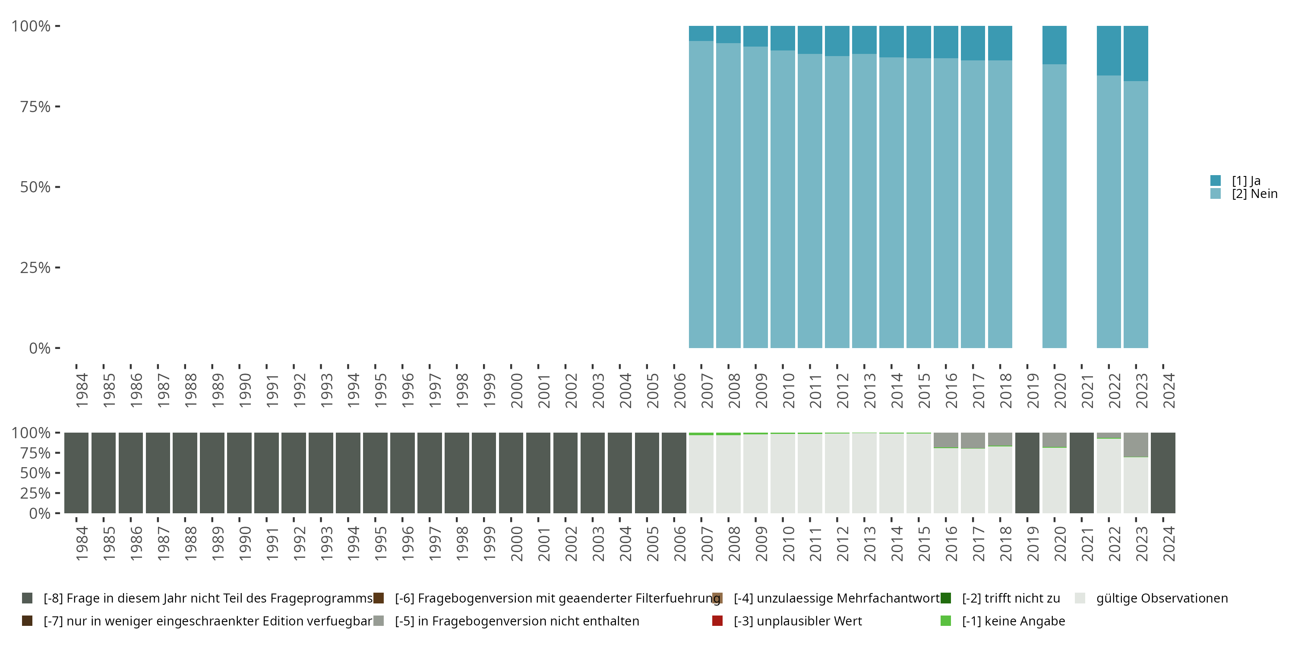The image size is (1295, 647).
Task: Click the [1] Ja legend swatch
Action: click(x=1215, y=180)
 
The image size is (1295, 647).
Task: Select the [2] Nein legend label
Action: click(x=1254, y=194)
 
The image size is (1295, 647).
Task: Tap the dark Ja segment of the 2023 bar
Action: click(x=1136, y=53)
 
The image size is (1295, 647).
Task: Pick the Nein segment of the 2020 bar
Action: click(x=1054, y=206)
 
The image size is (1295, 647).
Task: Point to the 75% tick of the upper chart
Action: click(x=35, y=107)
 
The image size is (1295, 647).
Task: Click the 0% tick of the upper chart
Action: click(x=40, y=348)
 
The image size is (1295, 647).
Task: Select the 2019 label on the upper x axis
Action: click(x=1032, y=390)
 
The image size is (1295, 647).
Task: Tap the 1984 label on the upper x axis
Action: click(x=82, y=390)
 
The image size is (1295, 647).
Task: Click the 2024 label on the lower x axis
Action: click(x=1169, y=543)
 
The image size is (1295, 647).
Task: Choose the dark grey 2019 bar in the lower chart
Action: click(x=1027, y=473)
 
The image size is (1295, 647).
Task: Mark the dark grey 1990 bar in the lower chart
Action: click(x=239, y=473)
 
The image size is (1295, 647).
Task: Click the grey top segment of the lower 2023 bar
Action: click(x=1136, y=445)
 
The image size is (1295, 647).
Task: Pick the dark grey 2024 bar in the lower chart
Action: click(x=1163, y=473)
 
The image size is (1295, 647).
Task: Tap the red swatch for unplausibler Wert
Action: click(x=717, y=621)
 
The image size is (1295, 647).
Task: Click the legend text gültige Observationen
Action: click(x=1162, y=598)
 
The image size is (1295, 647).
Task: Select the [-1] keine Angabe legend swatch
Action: click(x=946, y=621)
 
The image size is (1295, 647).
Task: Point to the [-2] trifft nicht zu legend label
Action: click(x=1011, y=598)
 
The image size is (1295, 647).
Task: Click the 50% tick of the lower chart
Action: click(x=35, y=473)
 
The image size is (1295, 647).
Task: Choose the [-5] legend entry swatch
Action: click(x=379, y=621)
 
